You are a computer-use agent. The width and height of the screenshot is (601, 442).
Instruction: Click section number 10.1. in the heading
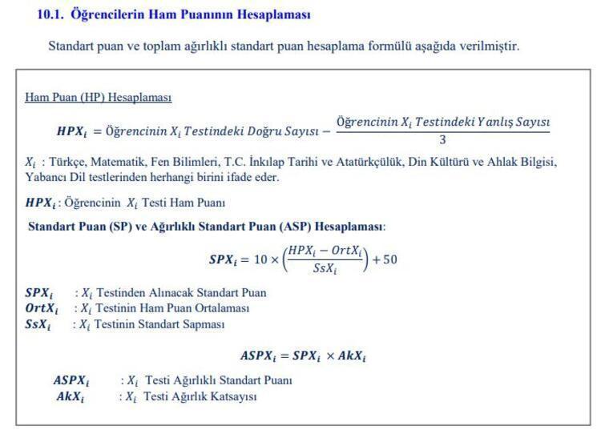pos(50,14)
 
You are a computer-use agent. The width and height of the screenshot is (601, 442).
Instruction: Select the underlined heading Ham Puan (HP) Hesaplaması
pos(98,98)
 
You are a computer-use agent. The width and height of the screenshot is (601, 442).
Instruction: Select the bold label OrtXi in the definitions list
pos(42,308)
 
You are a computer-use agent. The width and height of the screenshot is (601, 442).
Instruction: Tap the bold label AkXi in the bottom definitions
pos(70,396)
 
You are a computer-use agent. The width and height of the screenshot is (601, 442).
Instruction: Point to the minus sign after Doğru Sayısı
pos(325,131)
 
